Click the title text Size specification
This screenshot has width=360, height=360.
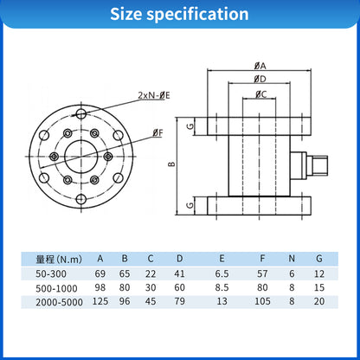coord(179,15)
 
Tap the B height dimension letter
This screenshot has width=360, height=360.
coord(196,164)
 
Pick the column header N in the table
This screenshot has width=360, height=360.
coord(295,259)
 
